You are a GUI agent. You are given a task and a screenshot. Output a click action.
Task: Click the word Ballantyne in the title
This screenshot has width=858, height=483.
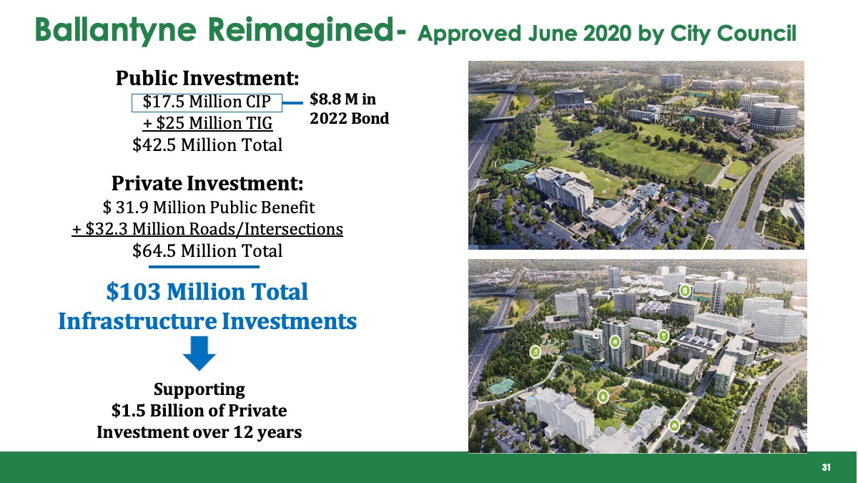coord(116,30)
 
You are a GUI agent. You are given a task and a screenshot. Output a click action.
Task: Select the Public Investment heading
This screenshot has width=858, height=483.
coord(207,78)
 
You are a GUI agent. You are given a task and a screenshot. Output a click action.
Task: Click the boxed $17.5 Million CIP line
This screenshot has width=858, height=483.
coord(207,102)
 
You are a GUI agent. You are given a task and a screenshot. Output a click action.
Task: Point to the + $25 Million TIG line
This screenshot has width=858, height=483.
coord(207,123)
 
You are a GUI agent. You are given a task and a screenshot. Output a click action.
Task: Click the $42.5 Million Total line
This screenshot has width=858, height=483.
coord(207,145)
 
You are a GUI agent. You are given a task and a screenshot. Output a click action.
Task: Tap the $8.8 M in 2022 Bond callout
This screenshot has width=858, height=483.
coord(349,109)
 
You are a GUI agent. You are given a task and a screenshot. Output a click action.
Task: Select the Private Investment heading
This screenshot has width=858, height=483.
coord(207,183)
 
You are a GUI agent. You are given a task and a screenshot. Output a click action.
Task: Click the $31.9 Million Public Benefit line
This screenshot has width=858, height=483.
coord(209,208)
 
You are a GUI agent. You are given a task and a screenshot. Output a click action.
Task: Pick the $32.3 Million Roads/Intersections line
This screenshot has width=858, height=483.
coord(207,229)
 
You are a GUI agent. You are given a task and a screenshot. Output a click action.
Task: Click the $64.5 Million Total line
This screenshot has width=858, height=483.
coord(207,250)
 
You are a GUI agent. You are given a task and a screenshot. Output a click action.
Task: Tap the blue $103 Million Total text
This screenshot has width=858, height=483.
coord(207,291)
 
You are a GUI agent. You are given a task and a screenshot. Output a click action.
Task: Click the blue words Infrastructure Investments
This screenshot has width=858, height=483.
coord(207,321)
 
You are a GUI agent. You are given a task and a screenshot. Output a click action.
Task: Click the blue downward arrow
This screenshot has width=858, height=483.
coord(199,353)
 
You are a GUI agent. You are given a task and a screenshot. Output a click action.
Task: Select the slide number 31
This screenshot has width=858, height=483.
coord(827,467)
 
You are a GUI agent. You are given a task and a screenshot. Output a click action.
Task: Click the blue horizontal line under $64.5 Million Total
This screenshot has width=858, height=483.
coord(204,267)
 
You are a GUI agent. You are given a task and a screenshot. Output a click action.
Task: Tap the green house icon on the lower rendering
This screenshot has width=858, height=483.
coord(615,341)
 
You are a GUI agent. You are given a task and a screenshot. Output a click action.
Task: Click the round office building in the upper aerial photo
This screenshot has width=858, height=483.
coord(774,116)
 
